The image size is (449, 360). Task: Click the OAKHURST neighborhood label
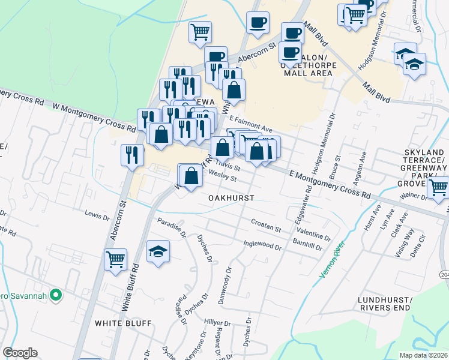click(x=231, y=197)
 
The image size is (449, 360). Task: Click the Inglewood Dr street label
click(x=262, y=245)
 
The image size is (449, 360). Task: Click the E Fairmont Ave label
click(x=250, y=124)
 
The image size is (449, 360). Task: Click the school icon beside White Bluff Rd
click(x=158, y=251)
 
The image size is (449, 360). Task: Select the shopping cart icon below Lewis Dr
click(x=115, y=260)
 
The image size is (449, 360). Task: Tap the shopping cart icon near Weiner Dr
click(x=438, y=187)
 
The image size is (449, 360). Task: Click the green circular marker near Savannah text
click(x=56, y=295)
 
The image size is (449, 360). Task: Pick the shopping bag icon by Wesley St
click(x=191, y=176)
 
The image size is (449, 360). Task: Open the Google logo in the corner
click(x=20, y=353)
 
